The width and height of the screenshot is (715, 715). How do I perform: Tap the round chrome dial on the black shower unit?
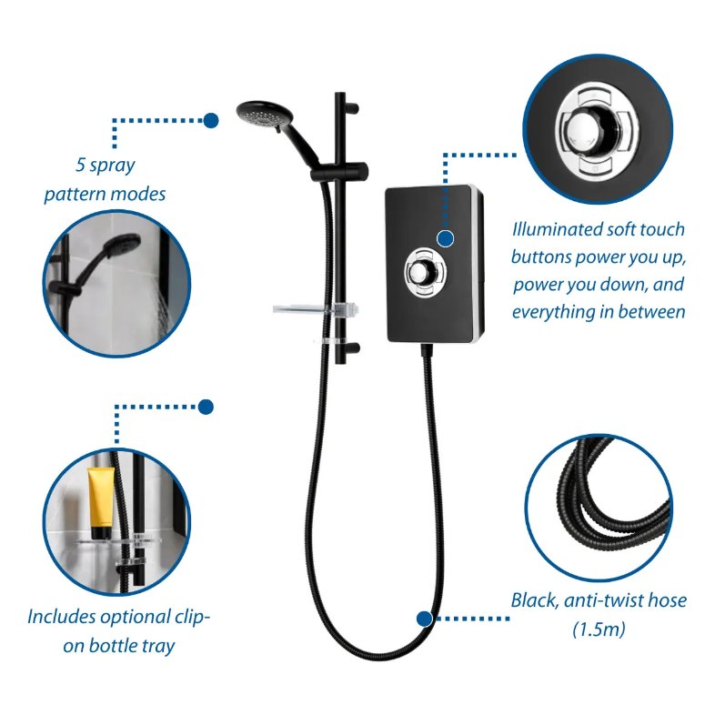click(421, 269)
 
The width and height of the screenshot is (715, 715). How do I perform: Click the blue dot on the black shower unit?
click(446, 237)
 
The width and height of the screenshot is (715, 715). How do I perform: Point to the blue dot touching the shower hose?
click(424, 619)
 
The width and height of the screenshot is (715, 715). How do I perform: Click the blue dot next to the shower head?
click(211, 119)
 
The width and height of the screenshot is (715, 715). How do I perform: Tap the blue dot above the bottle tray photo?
click(206, 407)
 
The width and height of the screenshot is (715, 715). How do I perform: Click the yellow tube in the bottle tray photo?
click(100, 501)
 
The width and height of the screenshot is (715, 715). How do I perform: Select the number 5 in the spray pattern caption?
click(82, 166)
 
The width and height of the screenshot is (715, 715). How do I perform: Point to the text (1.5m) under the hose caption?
click(598, 629)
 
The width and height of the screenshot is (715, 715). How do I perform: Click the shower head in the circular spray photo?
click(117, 249)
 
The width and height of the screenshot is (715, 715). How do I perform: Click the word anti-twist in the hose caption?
click(607, 600)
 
